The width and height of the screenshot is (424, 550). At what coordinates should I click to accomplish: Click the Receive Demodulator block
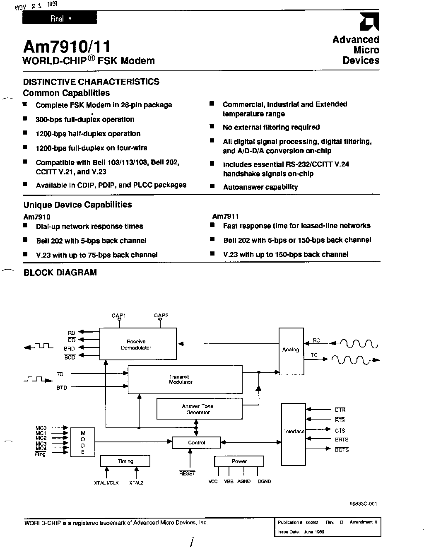pos(138,343)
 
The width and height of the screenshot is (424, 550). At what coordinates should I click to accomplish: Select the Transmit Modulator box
pos(185,379)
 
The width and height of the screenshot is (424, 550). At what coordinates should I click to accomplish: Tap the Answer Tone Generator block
pos(199,408)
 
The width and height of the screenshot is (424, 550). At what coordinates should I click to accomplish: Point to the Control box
pos(196,442)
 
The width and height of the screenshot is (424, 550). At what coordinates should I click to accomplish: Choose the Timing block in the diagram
pos(125,461)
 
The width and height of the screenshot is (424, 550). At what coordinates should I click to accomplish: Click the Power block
pos(239,461)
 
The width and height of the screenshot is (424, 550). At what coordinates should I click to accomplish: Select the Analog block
pos(291,351)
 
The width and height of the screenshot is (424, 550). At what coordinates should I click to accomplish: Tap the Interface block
pos(294,434)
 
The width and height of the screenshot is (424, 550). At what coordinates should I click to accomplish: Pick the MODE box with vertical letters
pos(83,442)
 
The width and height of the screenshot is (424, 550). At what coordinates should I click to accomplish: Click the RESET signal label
pos(187,473)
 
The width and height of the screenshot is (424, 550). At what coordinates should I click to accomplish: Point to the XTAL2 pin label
pos(136,482)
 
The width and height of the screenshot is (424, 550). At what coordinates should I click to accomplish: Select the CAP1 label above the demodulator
pos(119,315)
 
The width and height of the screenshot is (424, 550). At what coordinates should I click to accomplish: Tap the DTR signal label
pos(340,410)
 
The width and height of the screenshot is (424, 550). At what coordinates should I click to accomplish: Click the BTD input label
pos(62,388)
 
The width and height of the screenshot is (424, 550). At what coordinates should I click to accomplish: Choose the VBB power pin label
pos(229,481)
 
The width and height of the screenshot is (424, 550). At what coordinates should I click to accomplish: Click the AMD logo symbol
pos(369,22)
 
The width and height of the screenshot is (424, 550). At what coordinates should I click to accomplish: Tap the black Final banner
pos(60,18)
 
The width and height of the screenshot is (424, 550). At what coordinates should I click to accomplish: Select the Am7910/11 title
pos(67,46)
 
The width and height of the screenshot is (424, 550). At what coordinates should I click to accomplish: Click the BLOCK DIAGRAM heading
pos(60,273)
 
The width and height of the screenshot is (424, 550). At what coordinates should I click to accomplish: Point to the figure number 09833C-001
pos(363,504)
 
